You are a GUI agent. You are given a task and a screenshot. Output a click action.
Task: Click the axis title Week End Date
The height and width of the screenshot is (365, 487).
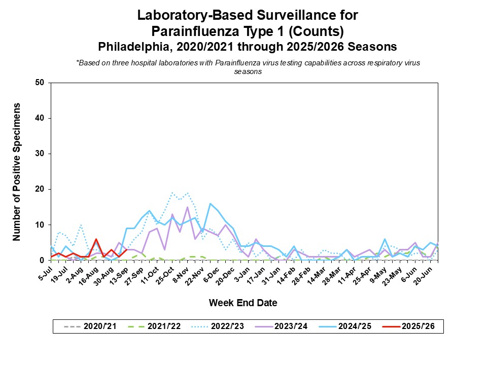point(243,303)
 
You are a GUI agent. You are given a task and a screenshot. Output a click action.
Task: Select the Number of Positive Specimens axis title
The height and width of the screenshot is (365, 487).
point(17,171)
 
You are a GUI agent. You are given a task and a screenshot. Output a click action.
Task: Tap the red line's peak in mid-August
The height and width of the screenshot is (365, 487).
point(96,239)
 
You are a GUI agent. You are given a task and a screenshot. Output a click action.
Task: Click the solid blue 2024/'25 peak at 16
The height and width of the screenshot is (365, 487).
point(210,203)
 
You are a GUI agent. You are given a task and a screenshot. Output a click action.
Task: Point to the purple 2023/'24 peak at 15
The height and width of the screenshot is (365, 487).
point(188,207)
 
